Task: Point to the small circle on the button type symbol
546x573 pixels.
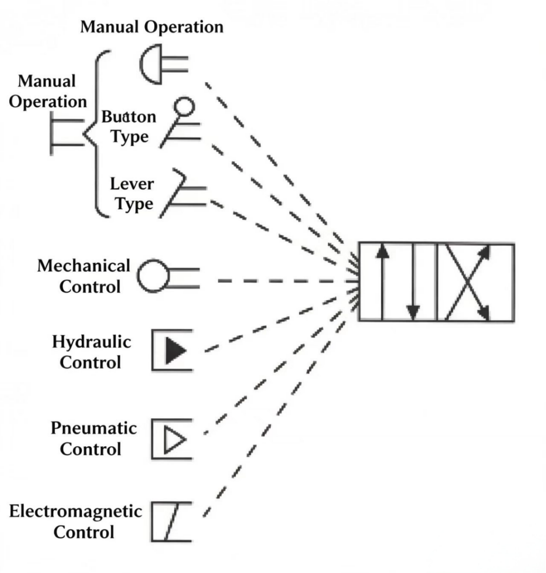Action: tap(184, 107)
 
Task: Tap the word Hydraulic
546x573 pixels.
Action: tap(91, 342)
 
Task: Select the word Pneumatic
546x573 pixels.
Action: tap(94, 429)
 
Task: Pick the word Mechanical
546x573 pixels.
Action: tap(84, 266)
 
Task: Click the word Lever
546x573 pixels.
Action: tap(132, 184)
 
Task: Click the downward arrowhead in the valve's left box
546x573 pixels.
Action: tap(413, 313)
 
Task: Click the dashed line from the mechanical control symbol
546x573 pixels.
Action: tap(287, 281)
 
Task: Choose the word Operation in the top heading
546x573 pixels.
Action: tap(184, 28)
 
